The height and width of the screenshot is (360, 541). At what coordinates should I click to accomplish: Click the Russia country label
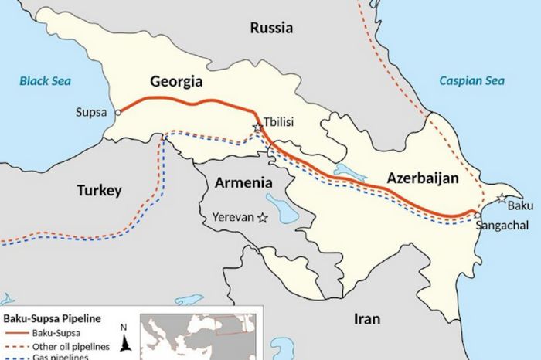pyautogui.click(x=271, y=28)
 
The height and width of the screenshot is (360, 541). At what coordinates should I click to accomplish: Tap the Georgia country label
pyautogui.click(x=176, y=82)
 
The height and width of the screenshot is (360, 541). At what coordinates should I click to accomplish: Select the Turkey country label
pyautogui.click(x=99, y=190)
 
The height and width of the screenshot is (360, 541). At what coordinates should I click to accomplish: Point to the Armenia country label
pyautogui.click(x=243, y=183)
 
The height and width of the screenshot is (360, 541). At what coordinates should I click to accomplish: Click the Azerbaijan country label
pyautogui.click(x=423, y=178)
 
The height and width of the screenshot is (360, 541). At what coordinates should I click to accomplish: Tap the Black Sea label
pyautogui.click(x=45, y=80)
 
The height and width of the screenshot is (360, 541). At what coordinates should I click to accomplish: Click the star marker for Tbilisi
pyautogui.click(x=257, y=128)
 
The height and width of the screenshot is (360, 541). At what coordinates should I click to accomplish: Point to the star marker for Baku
pyautogui.click(x=502, y=199)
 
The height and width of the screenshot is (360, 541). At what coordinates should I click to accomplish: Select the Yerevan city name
pyautogui.click(x=233, y=218)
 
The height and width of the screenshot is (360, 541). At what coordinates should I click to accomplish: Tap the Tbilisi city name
pyautogui.click(x=280, y=122)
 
